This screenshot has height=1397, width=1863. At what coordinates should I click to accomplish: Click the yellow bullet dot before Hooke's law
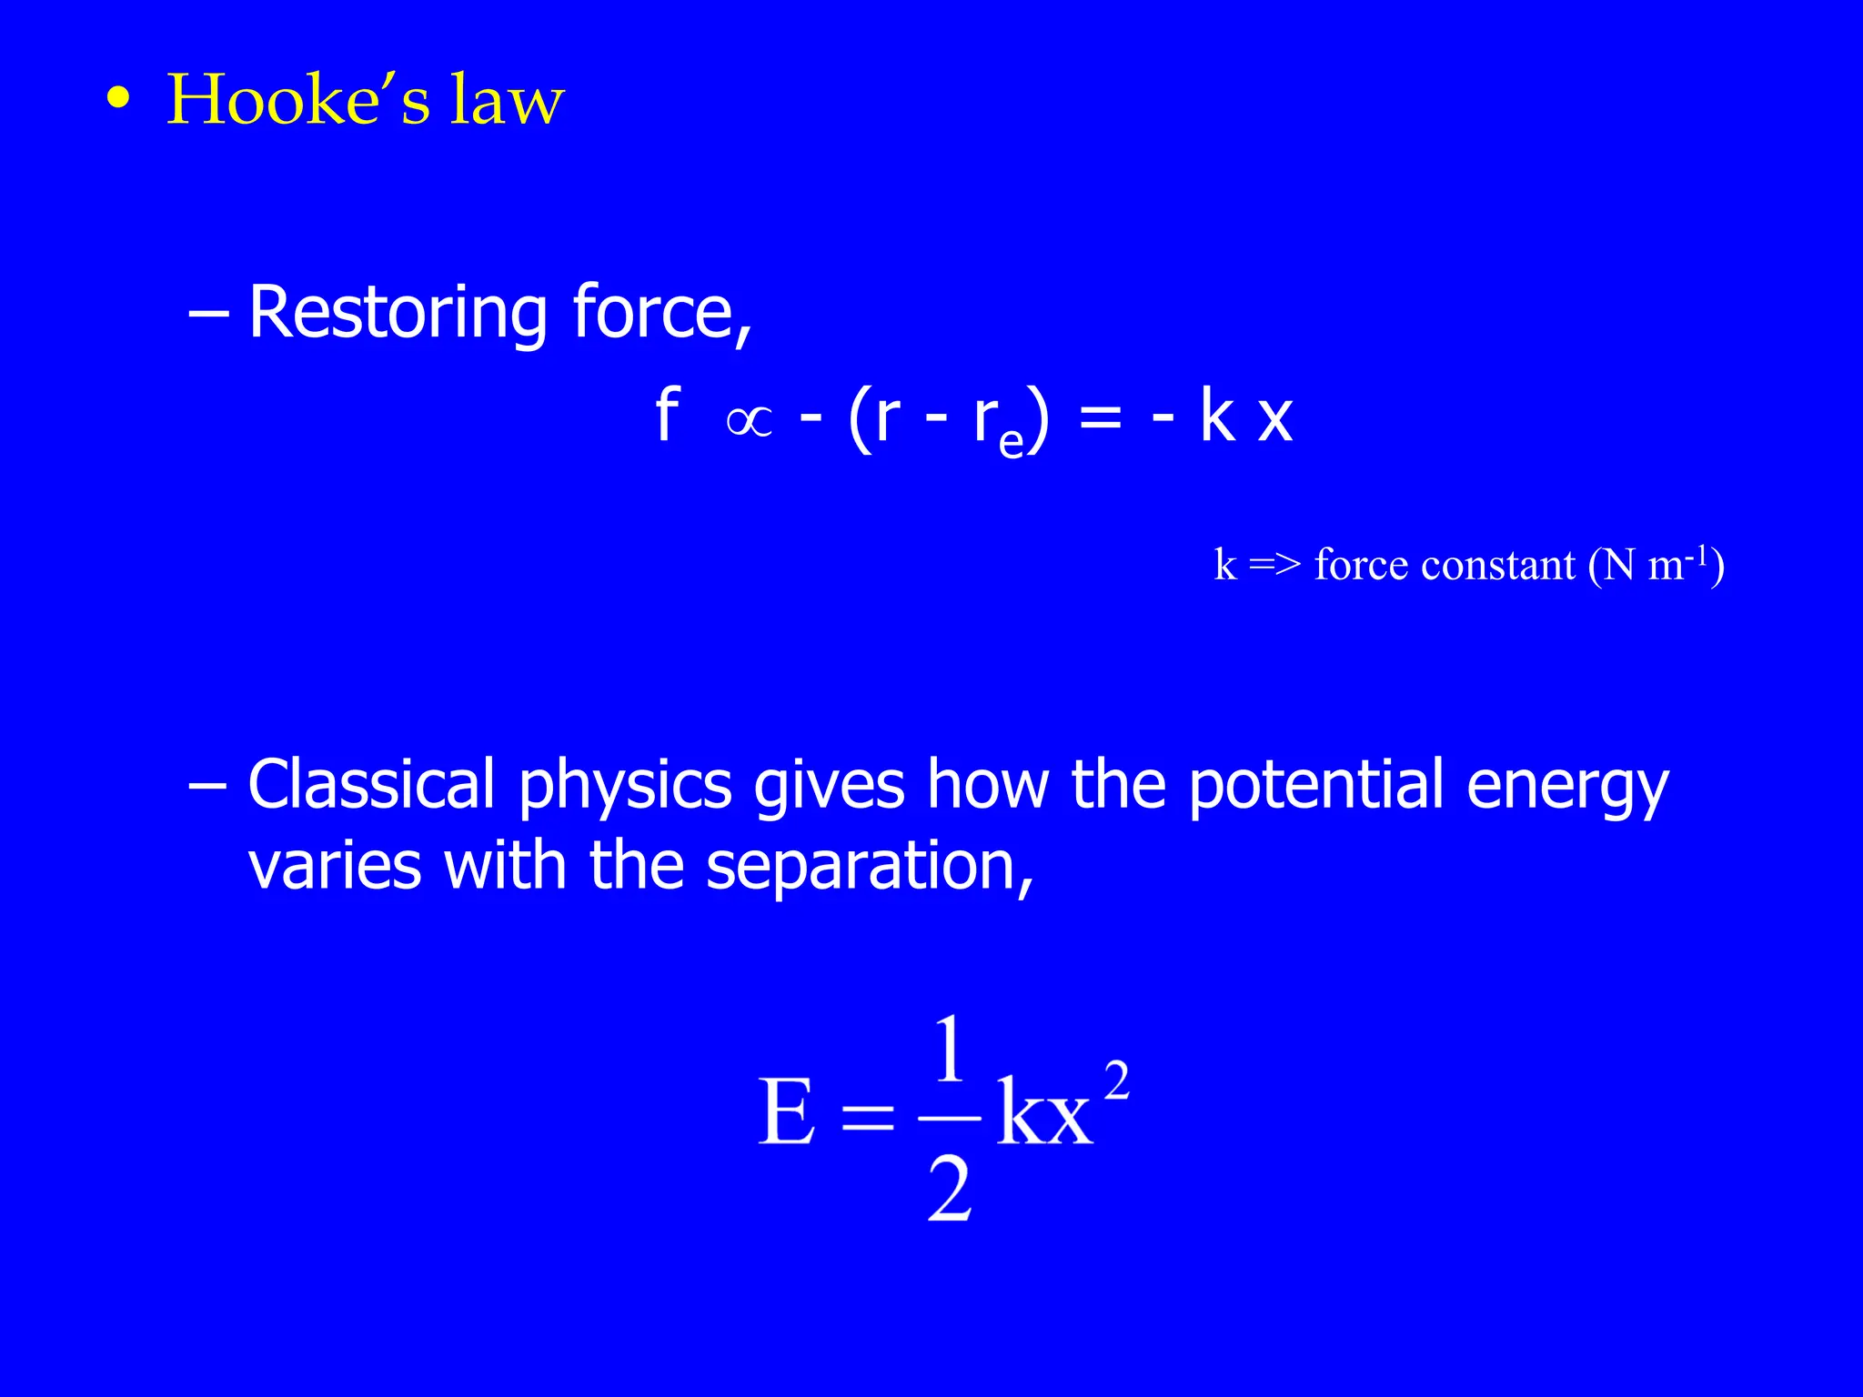point(117,98)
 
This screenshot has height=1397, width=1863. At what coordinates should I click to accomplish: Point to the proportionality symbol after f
point(750,421)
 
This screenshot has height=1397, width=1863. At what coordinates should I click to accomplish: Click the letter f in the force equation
point(667,417)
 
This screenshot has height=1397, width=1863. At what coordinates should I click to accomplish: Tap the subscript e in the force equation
point(1011,441)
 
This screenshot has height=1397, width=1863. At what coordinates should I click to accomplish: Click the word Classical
point(371,785)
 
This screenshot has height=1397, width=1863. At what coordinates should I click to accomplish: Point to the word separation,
point(870,867)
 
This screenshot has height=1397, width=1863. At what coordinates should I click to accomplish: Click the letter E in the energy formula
point(786,1111)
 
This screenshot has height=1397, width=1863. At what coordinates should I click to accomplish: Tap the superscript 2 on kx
point(1116,1080)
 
